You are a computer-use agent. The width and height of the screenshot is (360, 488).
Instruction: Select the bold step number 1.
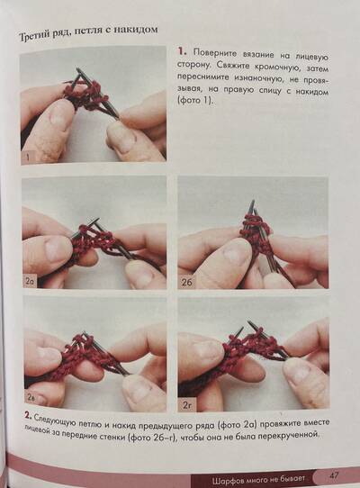(x=183, y=51)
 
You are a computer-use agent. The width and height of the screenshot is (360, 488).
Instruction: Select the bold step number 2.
(x=28, y=415)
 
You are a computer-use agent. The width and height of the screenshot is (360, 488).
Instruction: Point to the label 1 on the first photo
(x=28, y=158)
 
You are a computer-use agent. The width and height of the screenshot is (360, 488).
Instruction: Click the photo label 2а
(x=30, y=282)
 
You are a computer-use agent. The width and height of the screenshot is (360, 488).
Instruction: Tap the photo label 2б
(x=186, y=283)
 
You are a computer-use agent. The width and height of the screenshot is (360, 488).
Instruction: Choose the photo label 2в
(x=31, y=397)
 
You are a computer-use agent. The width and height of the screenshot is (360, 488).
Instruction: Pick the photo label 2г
(x=186, y=405)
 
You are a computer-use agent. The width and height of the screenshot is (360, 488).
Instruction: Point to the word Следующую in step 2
(x=53, y=420)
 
